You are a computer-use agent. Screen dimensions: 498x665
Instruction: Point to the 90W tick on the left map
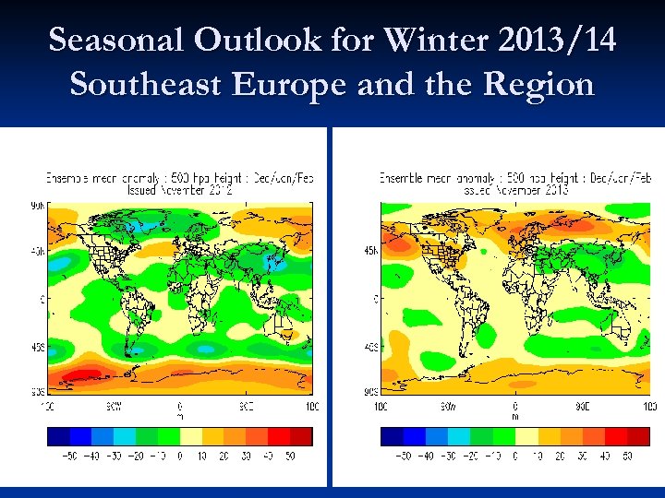[112, 406]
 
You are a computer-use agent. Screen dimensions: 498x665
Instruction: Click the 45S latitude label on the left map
[37, 348]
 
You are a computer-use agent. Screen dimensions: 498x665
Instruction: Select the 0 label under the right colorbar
[514, 456]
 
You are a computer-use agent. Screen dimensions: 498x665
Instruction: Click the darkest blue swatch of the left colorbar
[58, 436]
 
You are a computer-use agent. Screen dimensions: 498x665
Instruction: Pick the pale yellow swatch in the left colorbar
[191, 436]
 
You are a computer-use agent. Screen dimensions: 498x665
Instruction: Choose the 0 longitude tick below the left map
[179, 406]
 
